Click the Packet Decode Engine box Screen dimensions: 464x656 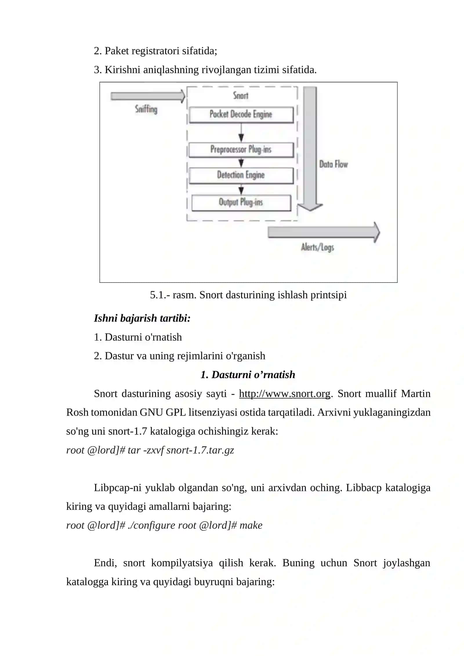[x=241, y=115]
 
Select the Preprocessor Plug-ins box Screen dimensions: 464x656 [x=241, y=150]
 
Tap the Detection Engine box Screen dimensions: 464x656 [x=241, y=175]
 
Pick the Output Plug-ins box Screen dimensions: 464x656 [x=241, y=202]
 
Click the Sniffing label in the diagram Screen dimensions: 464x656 [x=146, y=109]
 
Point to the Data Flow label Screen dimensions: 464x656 [x=333, y=164]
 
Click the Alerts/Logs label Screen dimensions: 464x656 [x=318, y=247]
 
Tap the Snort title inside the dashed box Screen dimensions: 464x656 [x=241, y=95]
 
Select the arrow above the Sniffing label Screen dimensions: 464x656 [x=148, y=96]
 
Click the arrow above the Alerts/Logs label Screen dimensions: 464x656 [x=324, y=232]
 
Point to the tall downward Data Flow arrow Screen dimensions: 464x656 [x=310, y=149]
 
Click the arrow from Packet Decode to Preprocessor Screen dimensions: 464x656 [x=241, y=133]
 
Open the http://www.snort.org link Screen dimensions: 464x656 [x=284, y=394]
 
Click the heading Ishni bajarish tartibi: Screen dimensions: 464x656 [x=142, y=318]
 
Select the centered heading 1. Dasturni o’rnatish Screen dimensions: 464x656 [x=248, y=375]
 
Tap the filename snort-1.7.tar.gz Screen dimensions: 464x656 [x=200, y=450]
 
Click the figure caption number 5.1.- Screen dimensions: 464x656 [x=160, y=295]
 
